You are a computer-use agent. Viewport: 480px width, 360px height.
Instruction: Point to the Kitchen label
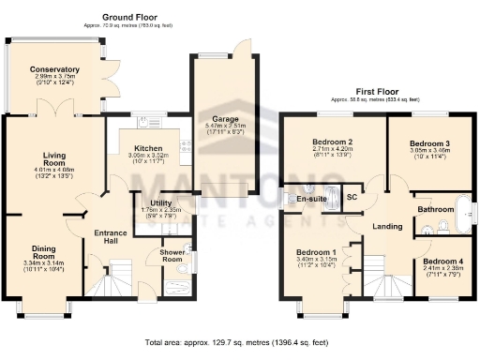(x=149, y=149)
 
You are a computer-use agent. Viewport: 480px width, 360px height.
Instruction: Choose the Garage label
(x=223, y=119)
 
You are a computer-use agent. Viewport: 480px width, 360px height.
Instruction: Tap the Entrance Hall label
(x=111, y=236)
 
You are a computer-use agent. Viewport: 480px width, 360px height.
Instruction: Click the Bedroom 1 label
(x=316, y=253)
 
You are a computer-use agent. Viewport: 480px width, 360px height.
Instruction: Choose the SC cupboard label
(x=353, y=198)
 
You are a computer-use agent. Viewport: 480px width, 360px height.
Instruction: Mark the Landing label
(x=387, y=226)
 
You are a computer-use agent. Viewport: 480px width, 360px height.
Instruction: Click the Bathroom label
(x=436, y=209)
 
